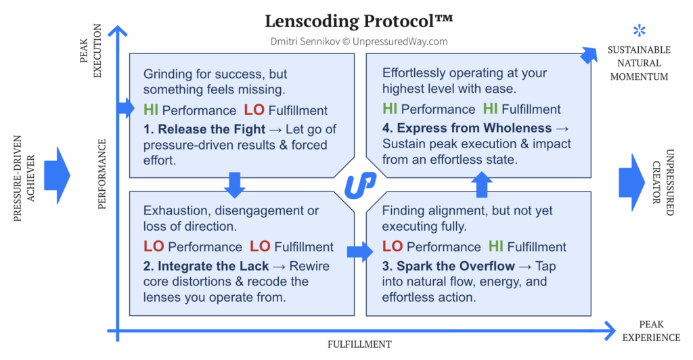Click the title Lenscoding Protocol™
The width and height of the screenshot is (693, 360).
point(359,20)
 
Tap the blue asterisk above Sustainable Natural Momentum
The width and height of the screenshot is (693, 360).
point(639,30)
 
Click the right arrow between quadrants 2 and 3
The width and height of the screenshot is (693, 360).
point(359,252)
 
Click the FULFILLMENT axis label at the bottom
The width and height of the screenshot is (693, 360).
point(359,344)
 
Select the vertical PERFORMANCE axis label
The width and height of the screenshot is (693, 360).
point(102,174)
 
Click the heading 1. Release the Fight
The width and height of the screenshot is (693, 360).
point(204,129)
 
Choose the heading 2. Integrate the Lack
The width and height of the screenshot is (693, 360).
point(206,266)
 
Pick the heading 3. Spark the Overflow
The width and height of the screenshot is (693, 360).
point(449,266)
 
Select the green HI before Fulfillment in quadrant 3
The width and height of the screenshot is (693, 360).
point(497,246)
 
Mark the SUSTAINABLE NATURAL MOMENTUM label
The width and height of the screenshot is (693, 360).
point(639,63)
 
